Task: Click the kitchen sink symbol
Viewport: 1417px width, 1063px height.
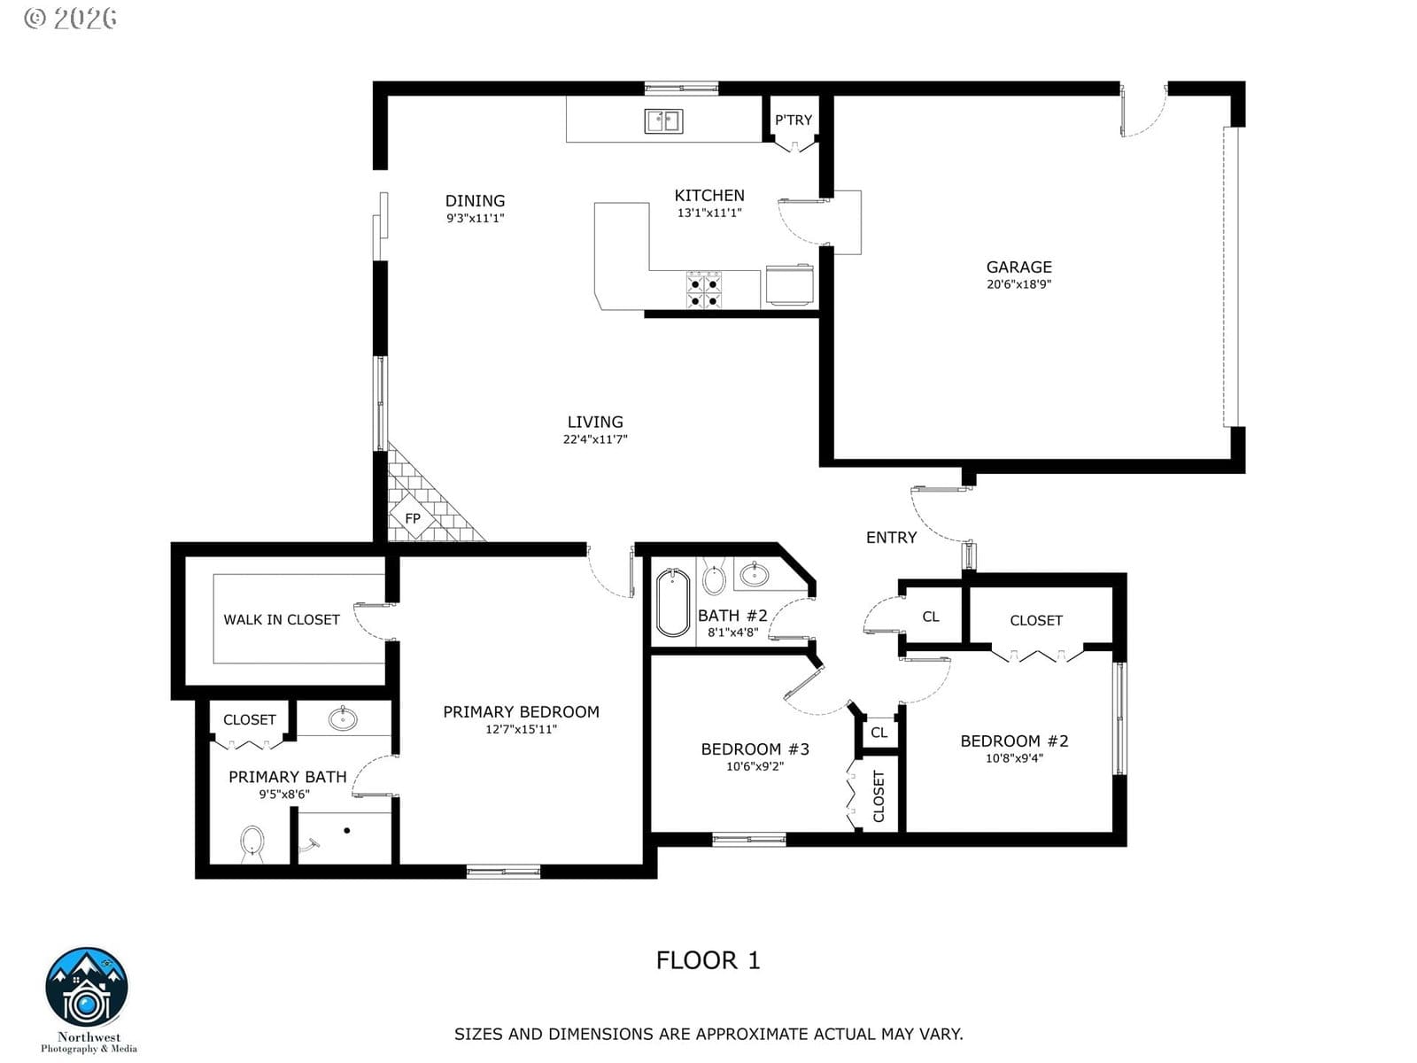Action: click(x=663, y=120)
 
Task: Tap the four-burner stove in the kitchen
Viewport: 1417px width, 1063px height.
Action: click(x=704, y=290)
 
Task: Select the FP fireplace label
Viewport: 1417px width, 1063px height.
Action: click(x=413, y=517)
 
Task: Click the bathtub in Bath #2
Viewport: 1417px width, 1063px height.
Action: click(x=673, y=602)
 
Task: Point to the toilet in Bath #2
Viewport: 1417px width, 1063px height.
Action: click(x=713, y=577)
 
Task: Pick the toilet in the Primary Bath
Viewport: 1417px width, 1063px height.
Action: click(x=252, y=843)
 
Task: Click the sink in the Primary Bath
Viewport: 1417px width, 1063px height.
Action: click(x=343, y=718)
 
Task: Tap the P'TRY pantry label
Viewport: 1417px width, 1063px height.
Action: click(x=793, y=120)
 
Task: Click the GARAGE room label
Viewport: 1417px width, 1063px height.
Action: click(x=1018, y=267)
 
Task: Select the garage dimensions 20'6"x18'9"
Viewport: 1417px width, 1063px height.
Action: click(x=1018, y=284)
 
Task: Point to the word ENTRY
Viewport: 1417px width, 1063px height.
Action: click(x=891, y=537)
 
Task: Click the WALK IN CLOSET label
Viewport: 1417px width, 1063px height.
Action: click(x=282, y=619)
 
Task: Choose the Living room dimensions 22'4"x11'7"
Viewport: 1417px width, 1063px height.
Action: click(x=595, y=438)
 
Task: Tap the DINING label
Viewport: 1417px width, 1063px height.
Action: click(x=475, y=201)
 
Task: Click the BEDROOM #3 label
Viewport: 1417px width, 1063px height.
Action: click(x=755, y=749)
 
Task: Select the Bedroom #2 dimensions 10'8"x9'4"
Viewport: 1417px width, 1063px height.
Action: click(x=1014, y=757)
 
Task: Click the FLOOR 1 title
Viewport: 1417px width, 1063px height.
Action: click(x=708, y=960)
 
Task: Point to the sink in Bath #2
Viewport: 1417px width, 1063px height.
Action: click(x=754, y=573)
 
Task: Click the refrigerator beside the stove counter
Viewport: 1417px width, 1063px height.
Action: click(x=789, y=284)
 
